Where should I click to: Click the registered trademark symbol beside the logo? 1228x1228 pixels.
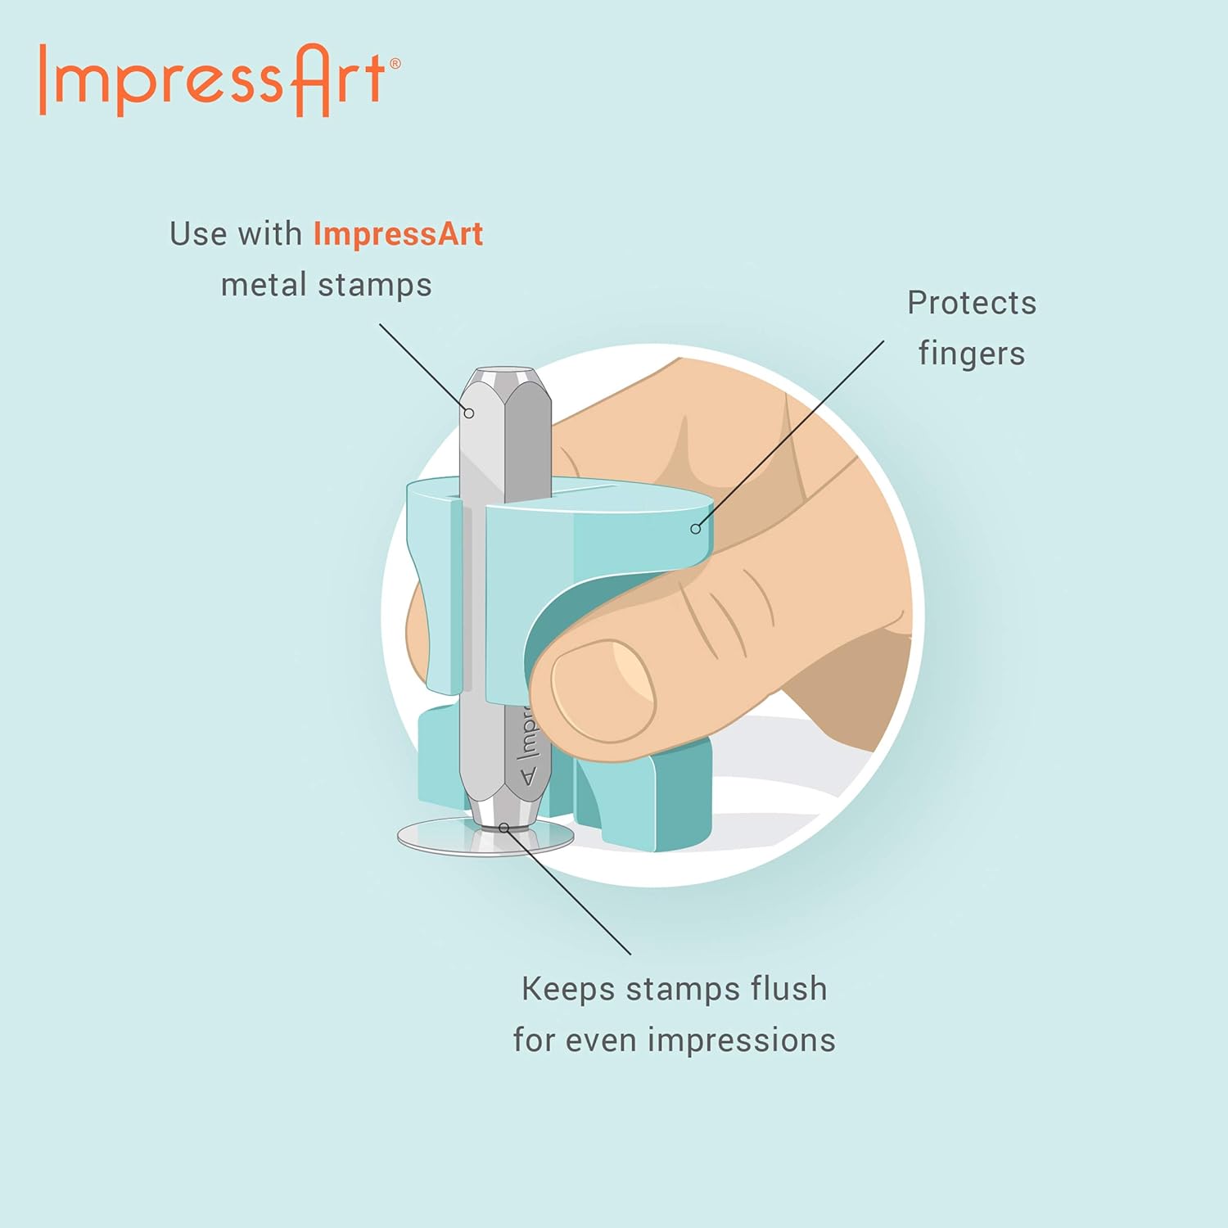pyautogui.click(x=395, y=63)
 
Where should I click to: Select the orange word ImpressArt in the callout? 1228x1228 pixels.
pyautogui.click(x=399, y=234)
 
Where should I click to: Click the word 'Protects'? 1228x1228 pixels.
pyautogui.click(x=972, y=303)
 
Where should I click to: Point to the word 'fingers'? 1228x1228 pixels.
pyautogui.click(x=972, y=354)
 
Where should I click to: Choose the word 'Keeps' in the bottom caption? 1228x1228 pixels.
pyautogui.click(x=568, y=990)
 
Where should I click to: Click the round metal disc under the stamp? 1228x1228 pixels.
pyautogui.click(x=485, y=837)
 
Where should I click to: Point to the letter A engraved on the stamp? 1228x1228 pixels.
pyautogui.click(x=528, y=774)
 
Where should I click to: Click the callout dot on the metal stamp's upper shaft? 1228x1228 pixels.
pyautogui.click(x=469, y=413)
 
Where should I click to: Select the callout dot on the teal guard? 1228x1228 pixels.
pyautogui.click(x=696, y=529)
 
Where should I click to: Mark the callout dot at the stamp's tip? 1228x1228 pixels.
pyautogui.click(x=504, y=828)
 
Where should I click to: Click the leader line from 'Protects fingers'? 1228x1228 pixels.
pyautogui.click(x=791, y=434)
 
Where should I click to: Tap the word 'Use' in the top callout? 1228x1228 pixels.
pyautogui.click(x=198, y=234)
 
